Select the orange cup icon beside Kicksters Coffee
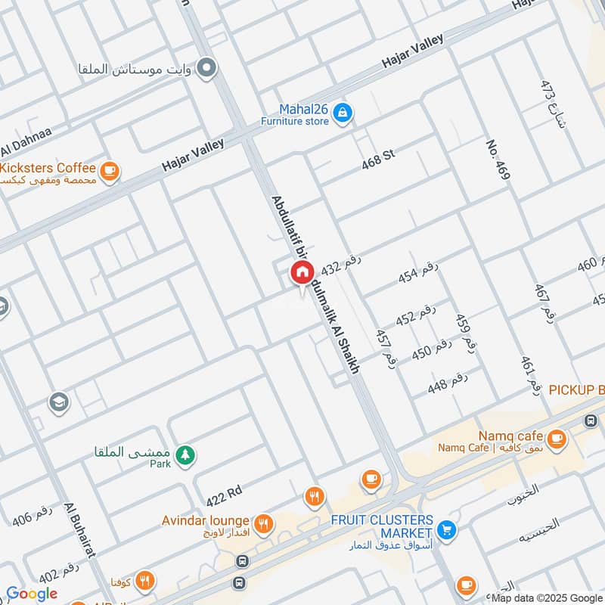tap(110, 172)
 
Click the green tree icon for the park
tap(184, 455)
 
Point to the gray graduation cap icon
tap(58, 402)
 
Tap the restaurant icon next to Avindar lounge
tap(263, 523)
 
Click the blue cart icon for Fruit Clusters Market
tap(447, 529)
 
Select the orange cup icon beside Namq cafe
tap(557, 438)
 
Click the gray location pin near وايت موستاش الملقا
tap(205, 70)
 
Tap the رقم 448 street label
tap(448, 383)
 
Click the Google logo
tap(32, 594)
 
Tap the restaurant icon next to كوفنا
tap(144, 580)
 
